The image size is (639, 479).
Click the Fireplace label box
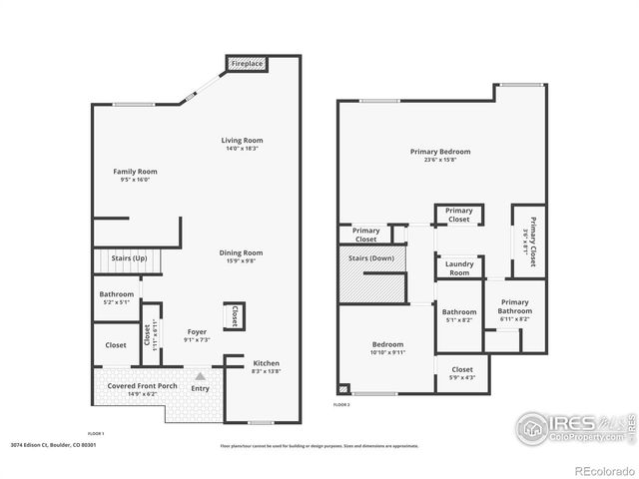pyautogui.click(x=248, y=64)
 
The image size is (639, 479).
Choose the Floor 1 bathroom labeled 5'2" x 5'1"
pyautogui.click(x=116, y=298)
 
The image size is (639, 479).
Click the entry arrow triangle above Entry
pyautogui.click(x=201, y=376)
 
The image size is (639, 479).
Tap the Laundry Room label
pyautogui.click(x=458, y=268)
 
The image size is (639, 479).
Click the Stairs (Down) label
pyautogui.click(x=372, y=259)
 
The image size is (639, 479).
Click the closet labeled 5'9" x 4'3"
pyautogui.click(x=461, y=373)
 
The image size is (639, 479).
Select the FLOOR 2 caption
pyautogui.click(x=342, y=405)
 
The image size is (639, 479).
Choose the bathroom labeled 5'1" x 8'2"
pyautogui.click(x=459, y=315)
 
